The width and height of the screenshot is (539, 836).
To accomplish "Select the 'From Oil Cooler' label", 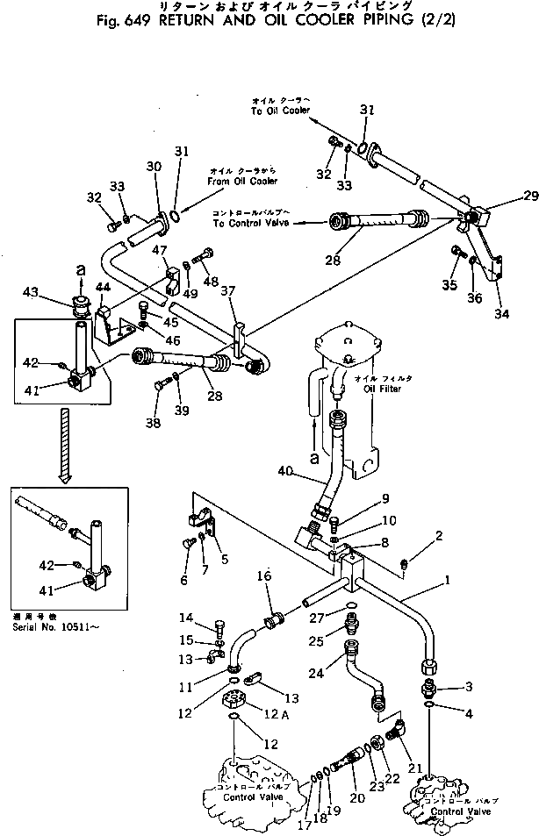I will (242, 181).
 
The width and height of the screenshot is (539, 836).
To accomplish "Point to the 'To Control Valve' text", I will (249, 224).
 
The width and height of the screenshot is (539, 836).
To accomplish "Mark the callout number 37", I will (228, 291).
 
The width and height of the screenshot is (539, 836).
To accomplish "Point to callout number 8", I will (384, 543).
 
